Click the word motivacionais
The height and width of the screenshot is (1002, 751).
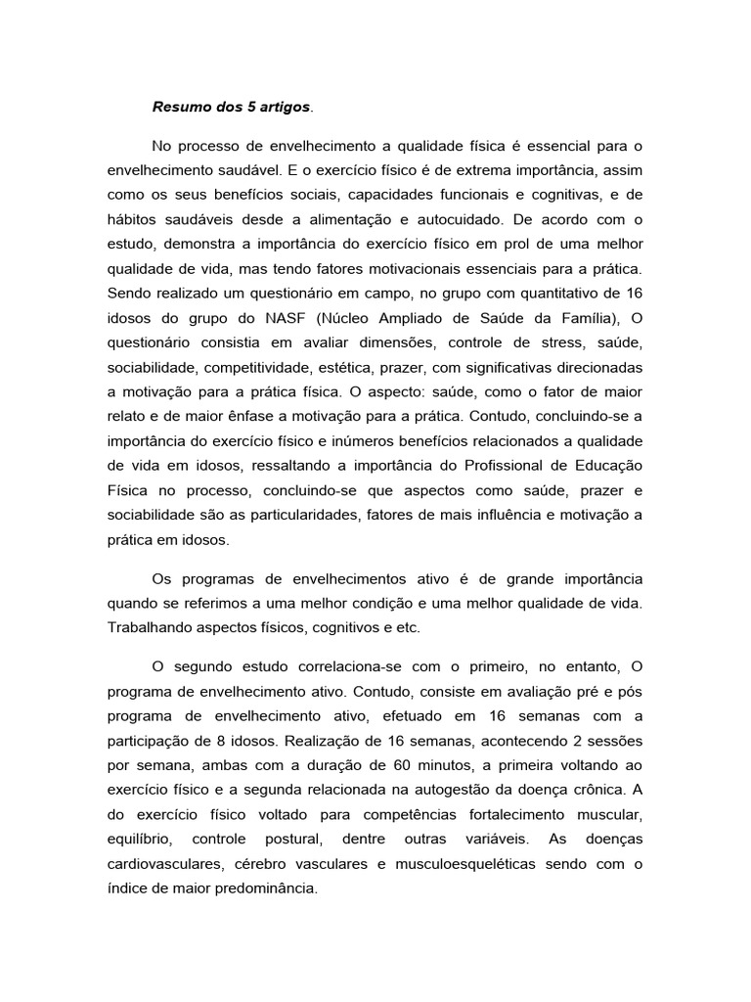394,269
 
